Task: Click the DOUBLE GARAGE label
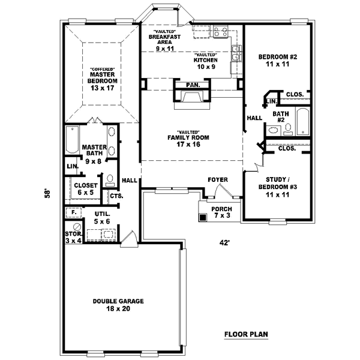(112, 305)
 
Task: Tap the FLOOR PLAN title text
(246, 334)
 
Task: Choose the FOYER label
(217, 179)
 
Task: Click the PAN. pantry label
(192, 85)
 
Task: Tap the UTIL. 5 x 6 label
(102, 217)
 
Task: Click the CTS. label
(116, 195)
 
